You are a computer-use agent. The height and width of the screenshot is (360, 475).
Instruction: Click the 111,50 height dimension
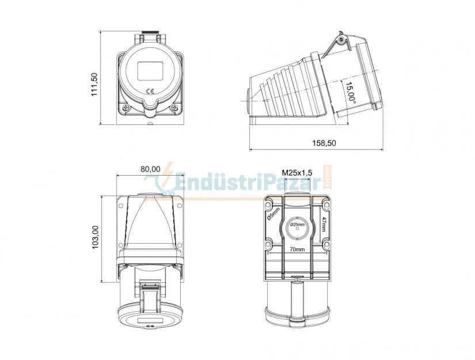coord(94,85)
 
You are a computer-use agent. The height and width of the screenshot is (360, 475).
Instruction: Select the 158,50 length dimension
coord(324,143)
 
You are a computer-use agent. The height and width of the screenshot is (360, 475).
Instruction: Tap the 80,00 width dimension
coord(150,169)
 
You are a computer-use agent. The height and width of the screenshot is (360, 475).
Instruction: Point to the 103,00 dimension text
coord(95,237)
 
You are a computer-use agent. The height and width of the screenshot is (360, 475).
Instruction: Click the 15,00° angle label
coord(350,94)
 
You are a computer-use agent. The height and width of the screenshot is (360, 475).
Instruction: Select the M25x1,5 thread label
coord(297,173)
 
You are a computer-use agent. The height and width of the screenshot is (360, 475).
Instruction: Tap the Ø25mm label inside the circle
coord(297,225)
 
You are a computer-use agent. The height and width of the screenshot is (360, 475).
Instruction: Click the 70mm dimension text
coord(297,249)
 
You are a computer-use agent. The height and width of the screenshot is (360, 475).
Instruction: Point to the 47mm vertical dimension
coord(323,224)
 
